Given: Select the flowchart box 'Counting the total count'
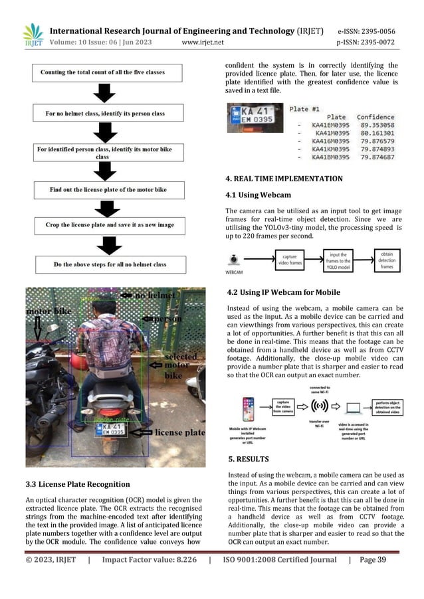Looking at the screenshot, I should point(108,72).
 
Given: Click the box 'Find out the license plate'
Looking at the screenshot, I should point(108,189).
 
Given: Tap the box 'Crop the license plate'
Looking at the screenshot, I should point(108,226).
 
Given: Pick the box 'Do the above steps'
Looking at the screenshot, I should point(108,264).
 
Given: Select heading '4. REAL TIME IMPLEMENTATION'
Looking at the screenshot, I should point(284,179).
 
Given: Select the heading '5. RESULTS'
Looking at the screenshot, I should point(247,458).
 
